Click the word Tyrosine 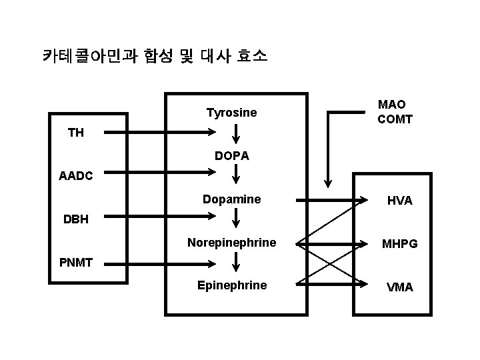click(x=231, y=113)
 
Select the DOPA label click(x=232, y=156)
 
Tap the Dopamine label click(x=231, y=199)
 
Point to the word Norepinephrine click(x=231, y=243)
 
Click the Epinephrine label click(x=231, y=285)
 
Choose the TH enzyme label click(x=76, y=133)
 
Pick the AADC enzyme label click(x=77, y=176)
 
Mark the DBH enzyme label click(x=75, y=219)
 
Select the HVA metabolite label click(x=400, y=201)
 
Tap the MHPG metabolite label click(x=399, y=244)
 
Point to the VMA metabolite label click(x=400, y=287)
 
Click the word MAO click(x=392, y=105)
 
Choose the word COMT click(x=395, y=120)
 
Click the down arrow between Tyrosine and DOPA click(x=236, y=134)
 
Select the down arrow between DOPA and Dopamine click(x=236, y=177)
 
